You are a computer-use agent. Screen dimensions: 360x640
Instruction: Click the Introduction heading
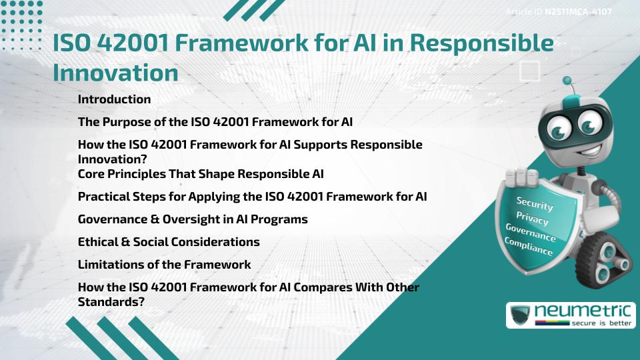(114, 99)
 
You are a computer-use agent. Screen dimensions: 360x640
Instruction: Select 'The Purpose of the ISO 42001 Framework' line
(215, 121)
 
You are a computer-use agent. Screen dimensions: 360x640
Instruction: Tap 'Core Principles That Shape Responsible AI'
(201, 175)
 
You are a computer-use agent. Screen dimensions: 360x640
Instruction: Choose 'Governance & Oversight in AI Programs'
(193, 219)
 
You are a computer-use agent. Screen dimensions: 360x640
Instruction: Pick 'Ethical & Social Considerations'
(169, 241)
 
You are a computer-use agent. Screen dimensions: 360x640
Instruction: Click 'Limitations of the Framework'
(164, 264)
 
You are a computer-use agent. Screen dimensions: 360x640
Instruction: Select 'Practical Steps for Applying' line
(252, 197)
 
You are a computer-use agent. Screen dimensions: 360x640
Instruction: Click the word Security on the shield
(535, 203)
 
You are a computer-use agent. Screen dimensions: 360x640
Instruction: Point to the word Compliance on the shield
(528, 246)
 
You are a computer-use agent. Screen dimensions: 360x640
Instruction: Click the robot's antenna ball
(568, 81)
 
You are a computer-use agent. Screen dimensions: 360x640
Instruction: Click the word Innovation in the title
(115, 72)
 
